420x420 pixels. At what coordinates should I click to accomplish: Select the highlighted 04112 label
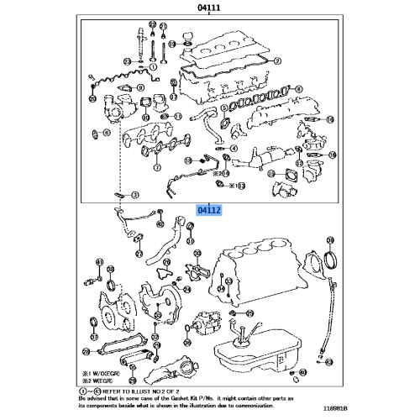click(208, 213)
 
